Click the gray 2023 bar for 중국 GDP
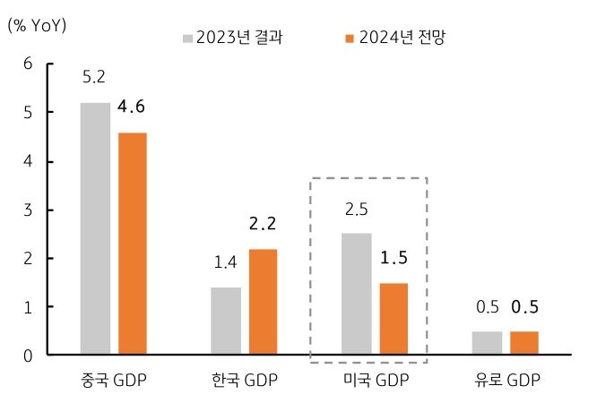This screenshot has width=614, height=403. click(95, 228)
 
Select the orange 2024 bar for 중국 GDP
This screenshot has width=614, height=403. click(132, 244)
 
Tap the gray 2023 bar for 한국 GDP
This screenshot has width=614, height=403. click(226, 321)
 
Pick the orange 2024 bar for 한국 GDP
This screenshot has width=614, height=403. click(263, 302)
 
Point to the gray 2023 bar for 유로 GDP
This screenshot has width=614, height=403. click(488, 343)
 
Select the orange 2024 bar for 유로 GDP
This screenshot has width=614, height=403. click(524, 343)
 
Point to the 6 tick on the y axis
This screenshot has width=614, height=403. click(29, 64)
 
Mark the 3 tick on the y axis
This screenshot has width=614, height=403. click(29, 210)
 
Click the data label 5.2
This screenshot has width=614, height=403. click(94, 78)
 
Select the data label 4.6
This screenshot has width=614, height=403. click(131, 107)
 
